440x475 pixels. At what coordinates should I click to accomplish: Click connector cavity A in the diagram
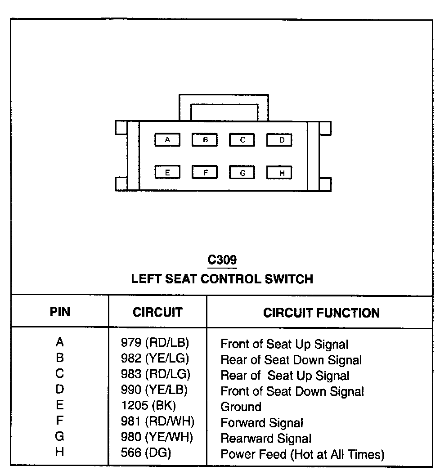coord(167,140)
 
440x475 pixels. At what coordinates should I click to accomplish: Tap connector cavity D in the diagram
coord(279,140)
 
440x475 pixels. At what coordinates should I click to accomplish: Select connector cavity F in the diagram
coord(205,172)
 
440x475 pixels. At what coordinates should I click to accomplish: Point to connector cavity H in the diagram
coord(279,173)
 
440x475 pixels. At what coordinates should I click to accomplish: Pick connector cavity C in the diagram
coord(242,140)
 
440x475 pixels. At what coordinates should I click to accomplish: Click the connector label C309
coord(222,260)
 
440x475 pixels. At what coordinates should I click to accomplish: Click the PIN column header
coord(60,312)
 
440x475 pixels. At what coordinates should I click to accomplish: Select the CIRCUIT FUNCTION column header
coord(321,313)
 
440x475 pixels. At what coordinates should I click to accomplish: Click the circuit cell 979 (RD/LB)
coord(155,343)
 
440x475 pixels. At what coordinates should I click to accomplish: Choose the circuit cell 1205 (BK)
coord(148,406)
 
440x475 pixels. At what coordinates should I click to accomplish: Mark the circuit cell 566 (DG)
coord(146,453)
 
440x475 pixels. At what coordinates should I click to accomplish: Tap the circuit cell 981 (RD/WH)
coord(157,422)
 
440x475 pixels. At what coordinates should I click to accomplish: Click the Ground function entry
coord(241,407)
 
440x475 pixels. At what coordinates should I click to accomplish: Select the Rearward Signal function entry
coord(265,438)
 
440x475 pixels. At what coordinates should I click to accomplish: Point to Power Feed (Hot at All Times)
coord(302,454)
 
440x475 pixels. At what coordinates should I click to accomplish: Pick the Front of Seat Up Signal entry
coord(284,345)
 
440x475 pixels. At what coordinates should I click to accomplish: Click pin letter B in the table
coord(60,358)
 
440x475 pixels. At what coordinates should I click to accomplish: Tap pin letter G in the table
coord(60,436)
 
